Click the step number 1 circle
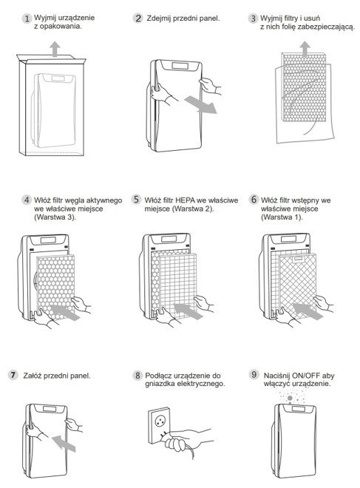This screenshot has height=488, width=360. (27, 18)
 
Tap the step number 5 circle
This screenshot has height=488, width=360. (136, 200)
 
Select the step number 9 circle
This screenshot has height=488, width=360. (254, 374)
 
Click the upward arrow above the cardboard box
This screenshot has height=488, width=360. (55, 50)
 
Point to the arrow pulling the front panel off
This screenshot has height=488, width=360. (200, 105)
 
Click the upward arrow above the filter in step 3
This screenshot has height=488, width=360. (305, 49)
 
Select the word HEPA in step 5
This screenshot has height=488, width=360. (185, 200)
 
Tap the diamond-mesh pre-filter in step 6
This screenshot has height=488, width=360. (298, 285)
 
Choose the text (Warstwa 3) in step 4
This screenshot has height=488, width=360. (55, 217)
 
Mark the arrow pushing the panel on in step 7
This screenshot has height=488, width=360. (64, 444)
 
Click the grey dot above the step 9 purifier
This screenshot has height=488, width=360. (290, 398)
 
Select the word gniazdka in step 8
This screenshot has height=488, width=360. (160, 384)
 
